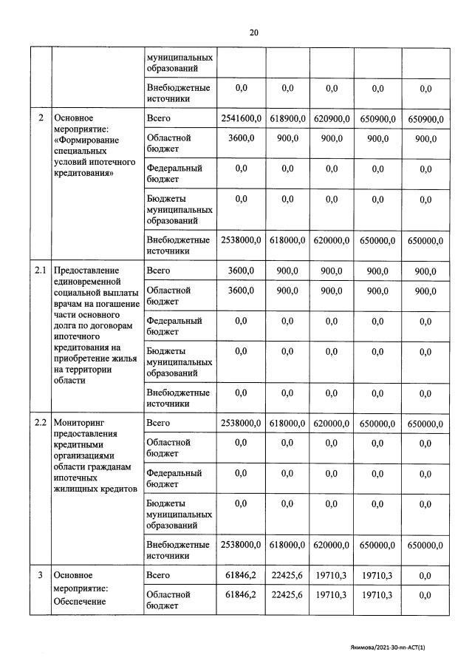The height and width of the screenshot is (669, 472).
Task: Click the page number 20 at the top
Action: tap(253, 33)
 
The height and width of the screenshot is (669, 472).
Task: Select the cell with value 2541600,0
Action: tap(241, 118)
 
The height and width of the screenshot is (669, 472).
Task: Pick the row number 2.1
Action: tap(40, 271)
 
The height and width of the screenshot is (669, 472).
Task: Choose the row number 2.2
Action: tap(40, 423)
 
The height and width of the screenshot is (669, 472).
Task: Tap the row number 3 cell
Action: tap(40, 575)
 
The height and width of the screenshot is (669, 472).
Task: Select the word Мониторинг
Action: tap(79, 423)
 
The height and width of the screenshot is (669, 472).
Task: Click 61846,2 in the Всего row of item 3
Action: tap(241, 575)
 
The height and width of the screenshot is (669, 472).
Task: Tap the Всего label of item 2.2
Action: tap(159, 423)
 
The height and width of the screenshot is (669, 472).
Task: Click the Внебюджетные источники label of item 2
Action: tap(178, 245)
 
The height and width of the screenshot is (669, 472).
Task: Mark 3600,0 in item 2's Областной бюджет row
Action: tap(241, 138)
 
